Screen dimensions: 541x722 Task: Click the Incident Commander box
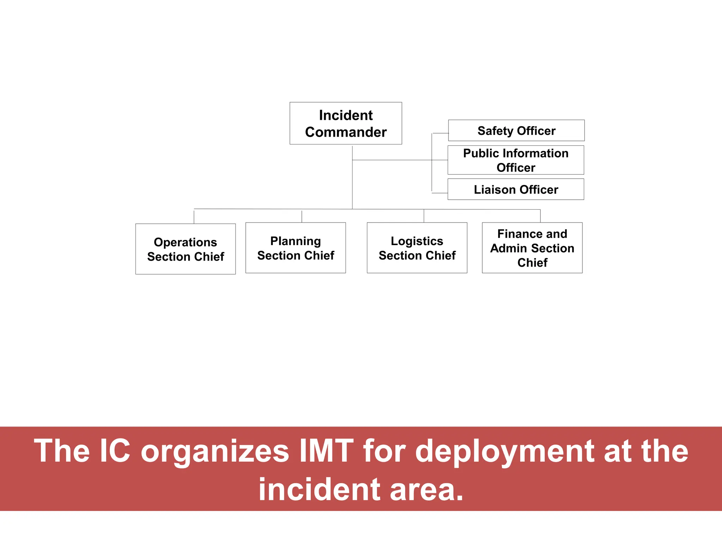(345, 123)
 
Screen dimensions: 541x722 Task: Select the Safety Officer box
(516, 131)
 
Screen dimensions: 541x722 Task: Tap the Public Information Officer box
(516, 160)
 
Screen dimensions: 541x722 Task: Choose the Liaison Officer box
(516, 189)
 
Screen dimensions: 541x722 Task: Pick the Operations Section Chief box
(185, 249)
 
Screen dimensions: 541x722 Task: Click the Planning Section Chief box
(295, 248)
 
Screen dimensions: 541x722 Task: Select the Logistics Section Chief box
(417, 248)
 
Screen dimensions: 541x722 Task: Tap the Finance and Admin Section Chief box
(532, 248)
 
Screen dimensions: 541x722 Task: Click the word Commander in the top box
(345, 132)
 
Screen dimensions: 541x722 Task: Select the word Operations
(185, 242)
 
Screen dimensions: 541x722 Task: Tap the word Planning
(295, 241)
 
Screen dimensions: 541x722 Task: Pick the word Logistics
(417, 241)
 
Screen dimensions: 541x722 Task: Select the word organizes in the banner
(215, 452)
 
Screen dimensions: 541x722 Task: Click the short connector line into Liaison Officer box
(440, 193)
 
